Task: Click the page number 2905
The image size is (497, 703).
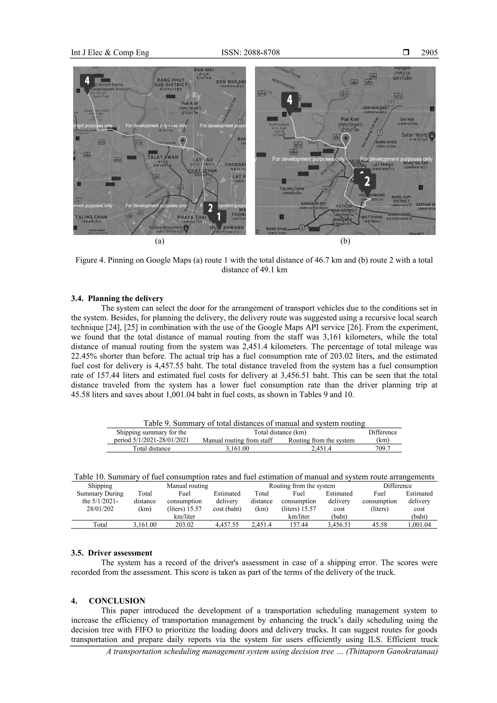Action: [429, 53]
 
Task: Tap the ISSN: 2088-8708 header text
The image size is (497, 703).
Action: [250, 53]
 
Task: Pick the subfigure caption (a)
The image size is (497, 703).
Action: [159, 241]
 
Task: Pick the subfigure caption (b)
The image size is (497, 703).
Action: [345, 241]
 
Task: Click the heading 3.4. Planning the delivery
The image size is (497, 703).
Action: [117, 298]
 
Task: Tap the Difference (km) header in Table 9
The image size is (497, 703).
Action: [383, 436]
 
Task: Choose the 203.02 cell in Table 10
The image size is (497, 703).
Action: [184, 524]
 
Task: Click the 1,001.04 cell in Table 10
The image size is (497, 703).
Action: [419, 524]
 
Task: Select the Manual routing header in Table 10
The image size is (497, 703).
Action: [187, 486]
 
